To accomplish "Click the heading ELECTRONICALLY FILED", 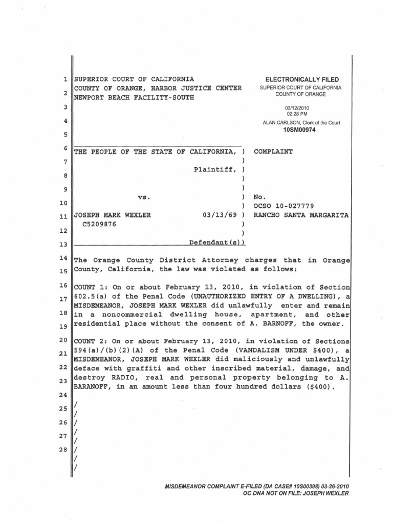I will pos(301,80).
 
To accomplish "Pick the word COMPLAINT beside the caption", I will pos(273,152).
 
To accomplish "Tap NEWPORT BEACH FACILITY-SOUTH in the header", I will pos(134,98).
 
